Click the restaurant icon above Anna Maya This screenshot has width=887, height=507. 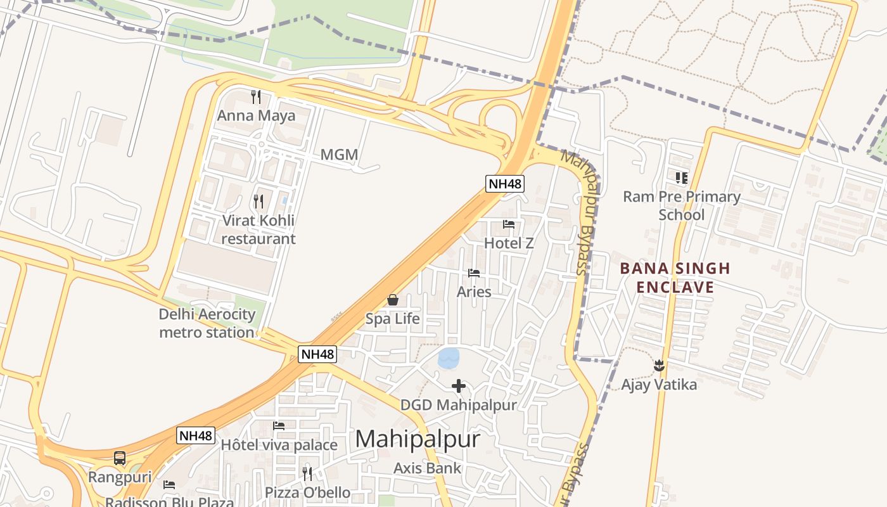[x=256, y=97]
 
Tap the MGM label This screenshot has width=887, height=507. [x=339, y=155]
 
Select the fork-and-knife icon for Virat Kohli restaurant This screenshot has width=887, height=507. [x=258, y=202]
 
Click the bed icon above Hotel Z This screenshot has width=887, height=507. [x=509, y=224]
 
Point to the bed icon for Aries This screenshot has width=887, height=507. [x=474, y=273]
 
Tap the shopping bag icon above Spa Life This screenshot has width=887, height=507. [x=393, y=300]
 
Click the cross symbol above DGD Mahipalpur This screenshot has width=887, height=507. [x=459, y=385]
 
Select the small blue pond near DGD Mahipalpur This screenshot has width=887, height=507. [x=449, y=358]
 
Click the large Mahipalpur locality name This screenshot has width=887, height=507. [x=418, y=439]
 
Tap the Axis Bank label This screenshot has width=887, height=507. [x=428, y=468]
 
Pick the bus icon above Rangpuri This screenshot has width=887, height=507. [x=120, y=458]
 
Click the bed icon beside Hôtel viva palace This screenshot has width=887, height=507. [x=278, y=426]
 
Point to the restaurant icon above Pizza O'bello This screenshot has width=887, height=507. [x=307, y=473]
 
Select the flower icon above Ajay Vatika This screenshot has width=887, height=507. [x=659, y=365]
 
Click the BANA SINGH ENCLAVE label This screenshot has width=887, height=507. [x=675, y=278]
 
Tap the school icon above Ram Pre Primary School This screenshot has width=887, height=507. [x=682, y=177]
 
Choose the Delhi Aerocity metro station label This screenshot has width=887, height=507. [x=207, y=323]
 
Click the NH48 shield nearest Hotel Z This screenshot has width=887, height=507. [x=505, y=184]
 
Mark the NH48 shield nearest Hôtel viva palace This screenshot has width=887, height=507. [x=196, y=435]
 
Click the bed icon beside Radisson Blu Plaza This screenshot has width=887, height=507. [x=169, y=485]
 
